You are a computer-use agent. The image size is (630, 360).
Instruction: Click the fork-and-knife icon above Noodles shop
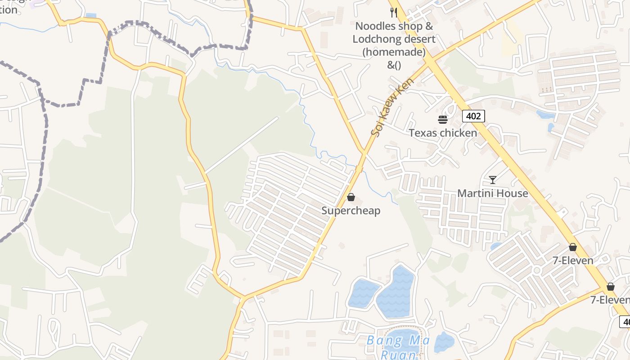394,12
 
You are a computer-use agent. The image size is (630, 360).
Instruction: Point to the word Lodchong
372,39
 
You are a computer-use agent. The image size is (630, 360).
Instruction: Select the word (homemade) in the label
394,52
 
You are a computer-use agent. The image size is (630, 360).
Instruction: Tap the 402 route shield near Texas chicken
473,116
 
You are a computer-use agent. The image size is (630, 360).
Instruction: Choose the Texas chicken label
443,133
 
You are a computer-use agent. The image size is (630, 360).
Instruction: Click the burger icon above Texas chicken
443,120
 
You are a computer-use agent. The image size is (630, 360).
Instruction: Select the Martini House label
493,193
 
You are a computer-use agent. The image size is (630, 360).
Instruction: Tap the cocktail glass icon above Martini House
493,180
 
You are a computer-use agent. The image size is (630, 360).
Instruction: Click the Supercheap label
351,211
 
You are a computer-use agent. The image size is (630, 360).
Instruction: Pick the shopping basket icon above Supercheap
351,197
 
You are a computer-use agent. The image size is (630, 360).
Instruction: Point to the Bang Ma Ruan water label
398,346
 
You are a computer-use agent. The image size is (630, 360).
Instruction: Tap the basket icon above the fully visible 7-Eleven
573,247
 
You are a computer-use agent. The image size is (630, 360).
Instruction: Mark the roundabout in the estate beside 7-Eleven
536,270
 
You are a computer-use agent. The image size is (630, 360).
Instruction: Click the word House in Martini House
510,193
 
